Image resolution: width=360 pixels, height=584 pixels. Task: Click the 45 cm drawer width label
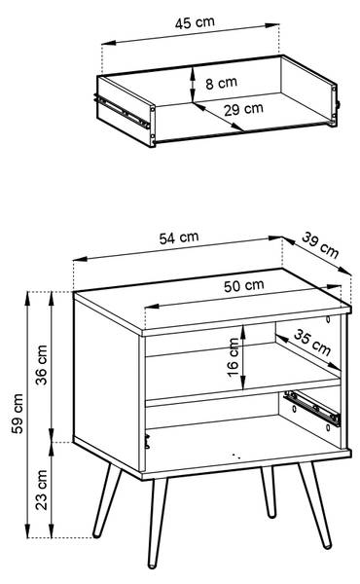point(195,22)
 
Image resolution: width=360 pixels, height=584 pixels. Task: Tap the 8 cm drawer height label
point(221,83)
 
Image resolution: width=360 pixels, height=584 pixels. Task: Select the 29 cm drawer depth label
point(243,109)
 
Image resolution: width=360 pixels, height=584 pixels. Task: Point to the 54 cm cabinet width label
point(179,237)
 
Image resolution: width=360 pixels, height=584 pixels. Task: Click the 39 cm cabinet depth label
point(320,245)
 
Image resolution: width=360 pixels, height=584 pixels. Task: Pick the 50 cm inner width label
point(244,285)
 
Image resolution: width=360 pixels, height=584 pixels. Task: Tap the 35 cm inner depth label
point(312,343)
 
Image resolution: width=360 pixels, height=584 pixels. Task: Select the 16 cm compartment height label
point(233,357)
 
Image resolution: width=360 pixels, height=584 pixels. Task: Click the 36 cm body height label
point(41,365)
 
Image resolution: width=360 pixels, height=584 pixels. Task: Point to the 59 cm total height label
point(18,414)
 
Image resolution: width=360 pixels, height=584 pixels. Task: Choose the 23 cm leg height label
point(41,490)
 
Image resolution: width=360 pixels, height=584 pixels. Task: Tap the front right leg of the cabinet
point(314,505)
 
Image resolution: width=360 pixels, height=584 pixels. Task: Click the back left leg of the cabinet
point(107,500)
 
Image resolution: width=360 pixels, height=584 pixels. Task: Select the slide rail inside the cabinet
point(312,408)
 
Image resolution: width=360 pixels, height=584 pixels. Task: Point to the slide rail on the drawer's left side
point(123,111)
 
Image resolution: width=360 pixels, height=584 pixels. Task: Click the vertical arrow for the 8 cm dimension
point(193,85)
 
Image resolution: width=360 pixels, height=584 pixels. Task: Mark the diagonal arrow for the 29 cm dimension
point(218,117)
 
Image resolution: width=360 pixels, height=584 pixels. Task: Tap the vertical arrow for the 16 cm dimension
point(243,357)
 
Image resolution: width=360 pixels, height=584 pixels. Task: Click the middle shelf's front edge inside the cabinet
point(242,392)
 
